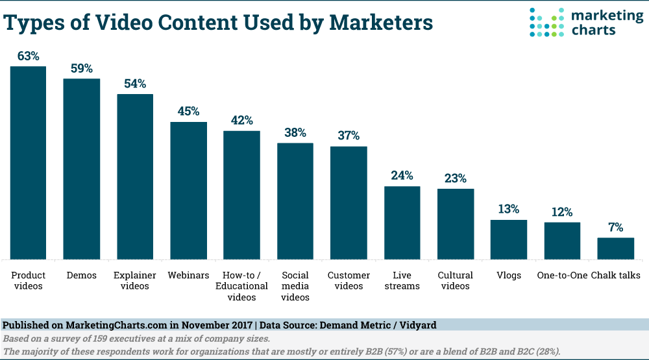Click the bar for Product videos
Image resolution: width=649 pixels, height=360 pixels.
tap(28, 162)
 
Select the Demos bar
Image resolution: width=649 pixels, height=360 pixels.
tap(81, 169)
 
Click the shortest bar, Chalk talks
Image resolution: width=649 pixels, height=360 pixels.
tap(615, 248)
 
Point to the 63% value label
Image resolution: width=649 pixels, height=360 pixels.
tap(28, 56)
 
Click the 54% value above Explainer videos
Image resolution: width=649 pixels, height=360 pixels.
tap(135, 84)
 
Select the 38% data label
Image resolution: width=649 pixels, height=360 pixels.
tap(295, 133)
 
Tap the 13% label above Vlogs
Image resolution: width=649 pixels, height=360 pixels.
tap(509, 210)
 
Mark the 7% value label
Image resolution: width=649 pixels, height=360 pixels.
tap(616, 228)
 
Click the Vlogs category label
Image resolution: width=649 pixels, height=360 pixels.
tap(509, 276)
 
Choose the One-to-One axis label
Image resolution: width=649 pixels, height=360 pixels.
tap(562, 276)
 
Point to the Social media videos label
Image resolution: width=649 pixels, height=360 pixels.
tap(295, 286)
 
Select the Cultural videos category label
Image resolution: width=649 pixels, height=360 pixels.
tap(455, 281)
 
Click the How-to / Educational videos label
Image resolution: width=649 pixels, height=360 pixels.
tap(242, 286)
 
